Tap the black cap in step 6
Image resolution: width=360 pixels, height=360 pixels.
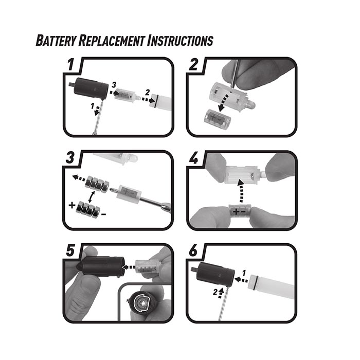point(215,275)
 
